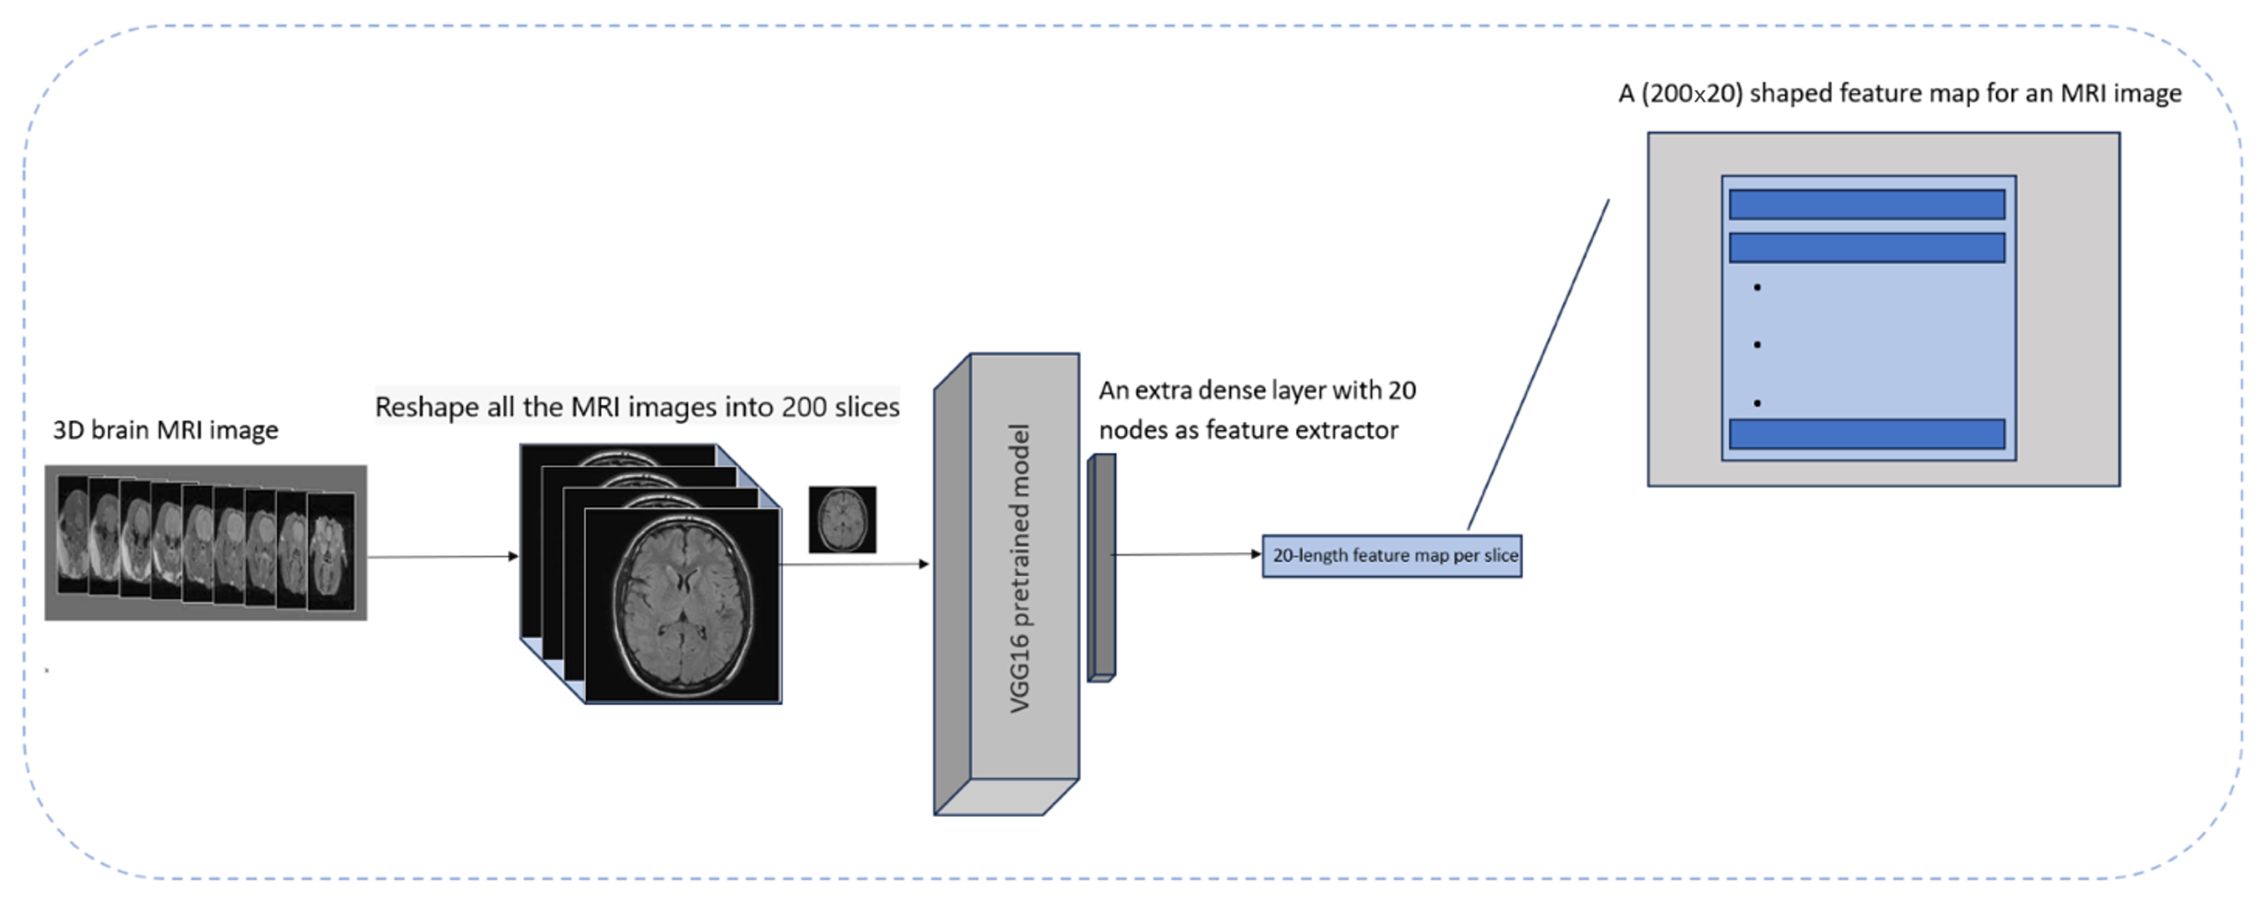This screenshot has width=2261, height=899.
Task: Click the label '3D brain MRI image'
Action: coord(165,430)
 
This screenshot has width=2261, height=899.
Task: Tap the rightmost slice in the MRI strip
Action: coord(331,551)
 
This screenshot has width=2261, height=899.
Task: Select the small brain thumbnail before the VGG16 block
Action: coord(842,520)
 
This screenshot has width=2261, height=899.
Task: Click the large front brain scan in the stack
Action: coord(683,606)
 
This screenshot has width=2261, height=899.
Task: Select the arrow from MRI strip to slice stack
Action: coord(443,556)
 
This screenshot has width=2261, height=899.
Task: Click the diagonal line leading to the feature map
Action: coord(1538,364)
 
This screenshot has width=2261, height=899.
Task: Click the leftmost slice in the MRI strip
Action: coord(74,540)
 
